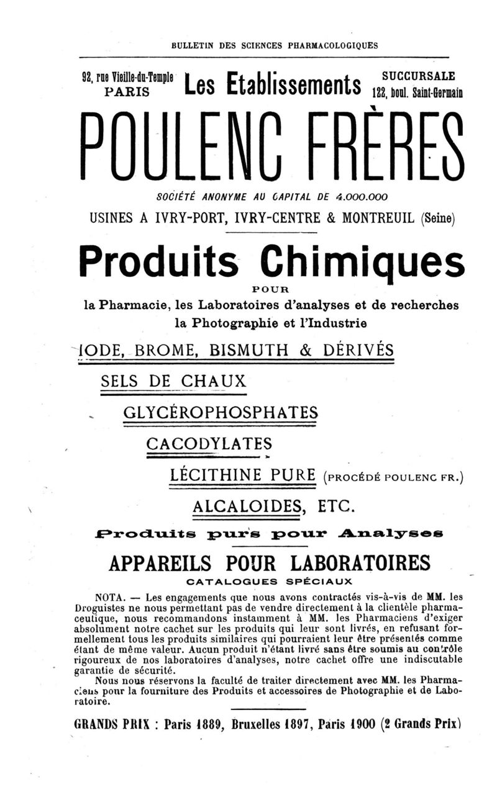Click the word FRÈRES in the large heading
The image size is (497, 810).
(380, 146)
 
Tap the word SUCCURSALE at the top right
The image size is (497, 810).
(418, 76)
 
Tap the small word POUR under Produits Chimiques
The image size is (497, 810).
(271, 289)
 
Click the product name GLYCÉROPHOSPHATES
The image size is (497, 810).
(221, 412)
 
